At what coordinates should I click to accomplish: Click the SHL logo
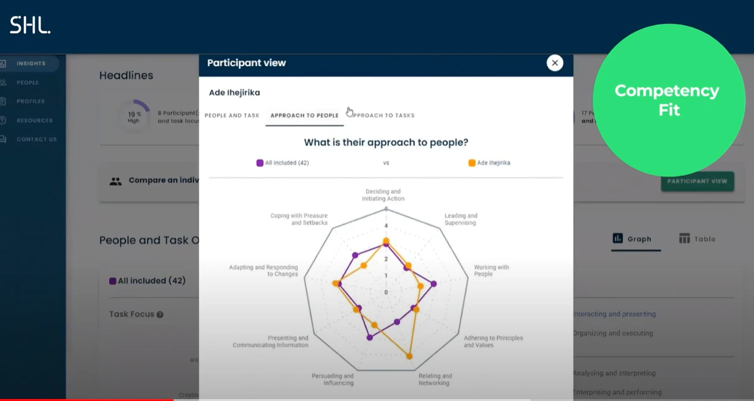[x=29, y=25]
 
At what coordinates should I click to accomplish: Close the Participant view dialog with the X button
[x=554, y=63]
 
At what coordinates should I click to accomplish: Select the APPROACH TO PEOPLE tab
[x=304, y=115]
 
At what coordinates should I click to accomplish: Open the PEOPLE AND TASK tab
[x=232, y=115]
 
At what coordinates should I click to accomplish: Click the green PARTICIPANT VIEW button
[x=697, y=181]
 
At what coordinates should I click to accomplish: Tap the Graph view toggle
[x=632, y=239]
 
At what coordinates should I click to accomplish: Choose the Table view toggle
[x=697, y=239]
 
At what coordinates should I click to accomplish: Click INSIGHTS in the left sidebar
[x=31, y=64]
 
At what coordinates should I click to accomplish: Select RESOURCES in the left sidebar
[x=34, y=121]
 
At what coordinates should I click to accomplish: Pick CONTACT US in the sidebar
[x=36, y=140]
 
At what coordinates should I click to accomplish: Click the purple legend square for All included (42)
[x=260, y=163]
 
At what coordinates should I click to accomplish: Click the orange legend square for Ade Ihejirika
[x=472, y=163]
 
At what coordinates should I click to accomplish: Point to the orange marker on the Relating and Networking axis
[x=409, y=356]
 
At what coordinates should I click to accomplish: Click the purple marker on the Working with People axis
[x=434, y=284]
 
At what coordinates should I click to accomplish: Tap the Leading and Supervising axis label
[x=461, y=220]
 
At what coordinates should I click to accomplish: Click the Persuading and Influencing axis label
[x=333, y=380]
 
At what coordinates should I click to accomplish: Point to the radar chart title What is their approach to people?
[x=386, y=143]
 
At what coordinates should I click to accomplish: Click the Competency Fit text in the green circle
[x=667, y=100]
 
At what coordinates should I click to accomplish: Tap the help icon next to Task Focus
[x=160, y=315]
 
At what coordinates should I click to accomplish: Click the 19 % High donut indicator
[x=134, y=116]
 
